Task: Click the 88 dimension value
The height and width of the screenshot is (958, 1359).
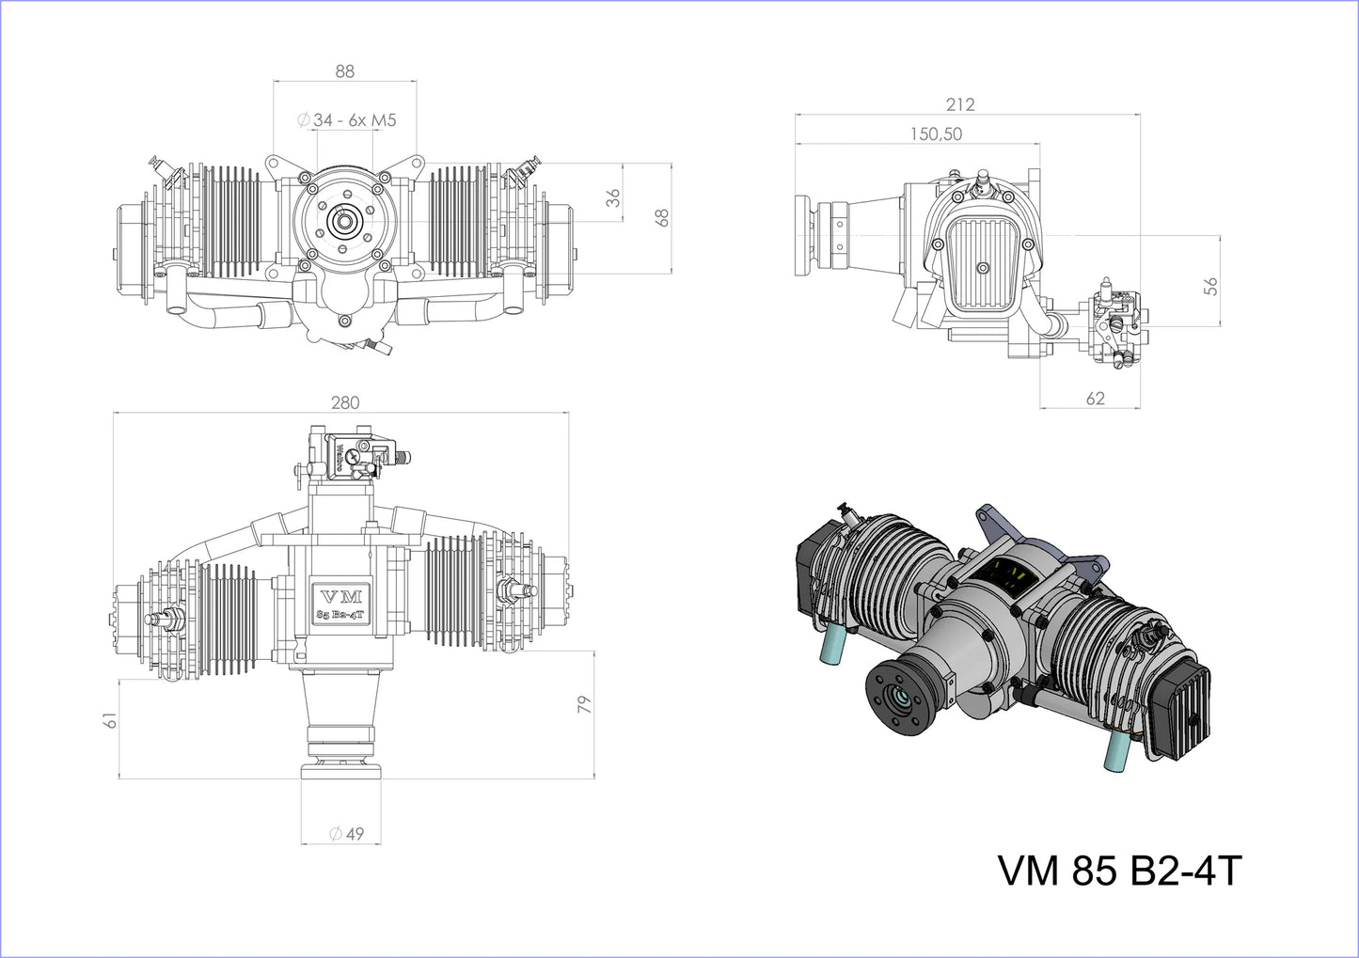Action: coord(344,71)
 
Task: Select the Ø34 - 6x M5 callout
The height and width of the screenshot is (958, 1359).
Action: coord(346,120)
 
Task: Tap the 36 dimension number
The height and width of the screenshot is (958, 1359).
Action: coord(613,198)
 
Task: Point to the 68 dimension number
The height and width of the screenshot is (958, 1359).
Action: coord(662,217)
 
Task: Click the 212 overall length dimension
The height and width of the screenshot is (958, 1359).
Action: coord(960,104)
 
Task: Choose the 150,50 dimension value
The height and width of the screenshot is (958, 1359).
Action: coord(936,134)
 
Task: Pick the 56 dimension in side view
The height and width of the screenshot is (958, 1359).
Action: coord(1210,287)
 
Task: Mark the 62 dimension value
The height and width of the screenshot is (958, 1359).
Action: coord(1095,399)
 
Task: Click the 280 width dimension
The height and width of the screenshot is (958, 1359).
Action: coord(345,402)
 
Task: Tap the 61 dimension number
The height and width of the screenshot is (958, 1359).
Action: coord(111,721)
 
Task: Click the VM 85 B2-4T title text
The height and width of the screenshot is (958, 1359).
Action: coord(1119,872)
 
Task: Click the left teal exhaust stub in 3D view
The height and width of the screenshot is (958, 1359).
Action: coord(833,648)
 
